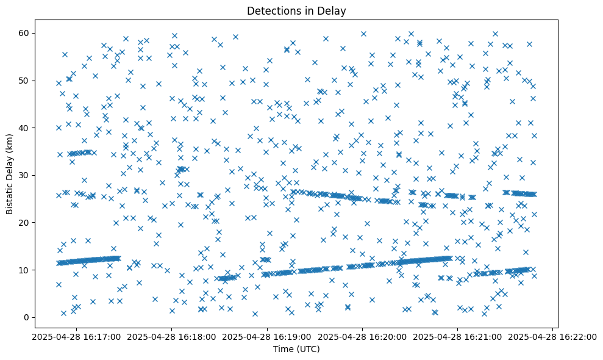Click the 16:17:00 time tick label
(76, 336)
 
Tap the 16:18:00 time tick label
(171, 336)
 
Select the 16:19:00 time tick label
(267, 336)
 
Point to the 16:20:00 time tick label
(363, 336)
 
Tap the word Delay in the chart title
(333, 10)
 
